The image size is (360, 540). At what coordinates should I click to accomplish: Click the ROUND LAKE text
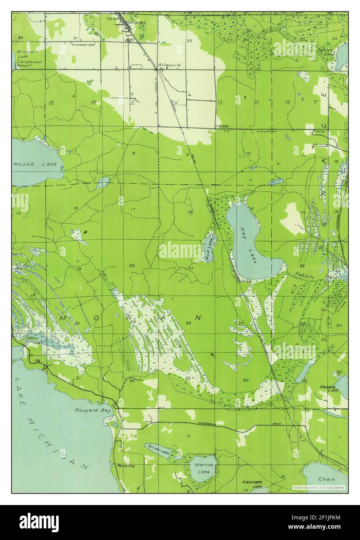[x=30, y=165]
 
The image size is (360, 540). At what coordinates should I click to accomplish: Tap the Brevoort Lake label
[x=26, y=54]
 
